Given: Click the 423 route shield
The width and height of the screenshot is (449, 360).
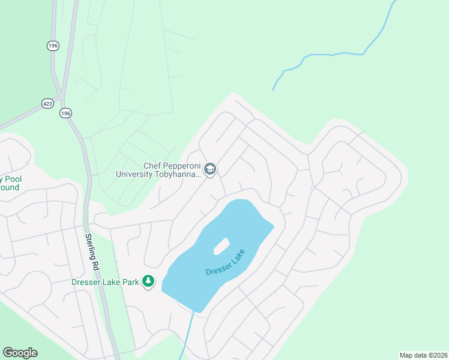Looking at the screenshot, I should point(48,103).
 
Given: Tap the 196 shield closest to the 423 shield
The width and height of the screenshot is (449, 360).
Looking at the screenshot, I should point(65,113).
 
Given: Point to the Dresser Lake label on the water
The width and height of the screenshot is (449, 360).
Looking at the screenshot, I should point(223,262).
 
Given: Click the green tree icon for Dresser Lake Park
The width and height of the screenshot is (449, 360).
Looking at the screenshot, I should point(148,281).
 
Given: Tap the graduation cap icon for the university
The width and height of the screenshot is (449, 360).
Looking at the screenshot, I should point(209,170).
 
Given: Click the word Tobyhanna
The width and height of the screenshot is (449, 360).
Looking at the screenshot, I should point(179,175).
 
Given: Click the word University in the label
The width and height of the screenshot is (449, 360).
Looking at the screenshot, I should point(136,175).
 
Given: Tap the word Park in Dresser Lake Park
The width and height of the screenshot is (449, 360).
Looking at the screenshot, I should point(130,281).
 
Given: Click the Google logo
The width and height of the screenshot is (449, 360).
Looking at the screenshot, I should point(20,353).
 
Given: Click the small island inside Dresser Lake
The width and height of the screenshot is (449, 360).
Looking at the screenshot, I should point(221,245).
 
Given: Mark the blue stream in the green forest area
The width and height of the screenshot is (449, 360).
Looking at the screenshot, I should point(336,55).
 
